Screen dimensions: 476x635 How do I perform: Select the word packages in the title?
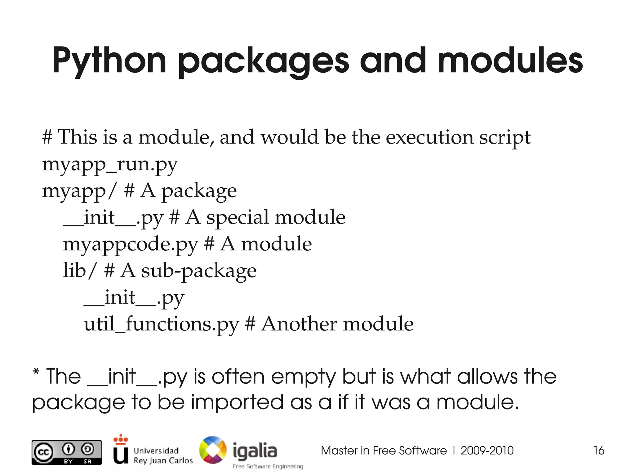(x=263, y=62)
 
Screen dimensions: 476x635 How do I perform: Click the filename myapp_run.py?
(x=110, y=164)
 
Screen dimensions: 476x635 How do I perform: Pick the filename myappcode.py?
(x=130, y=244)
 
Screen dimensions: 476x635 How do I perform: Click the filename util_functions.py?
(x=161, y=324)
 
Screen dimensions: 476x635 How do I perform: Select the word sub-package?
(x=199, y=271)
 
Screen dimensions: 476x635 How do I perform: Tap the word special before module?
(x=238, y=217)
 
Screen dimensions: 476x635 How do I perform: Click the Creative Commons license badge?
(x=67, y=452)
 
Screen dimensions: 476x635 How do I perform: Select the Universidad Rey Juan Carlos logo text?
(x=163, y=456)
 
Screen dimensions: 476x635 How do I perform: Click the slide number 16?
(x=599, y=451)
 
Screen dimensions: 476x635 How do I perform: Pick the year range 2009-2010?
(x=487, y=451)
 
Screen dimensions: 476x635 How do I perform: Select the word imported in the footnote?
(x=237, y=403)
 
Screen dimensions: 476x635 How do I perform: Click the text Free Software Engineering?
(x=268, y=466)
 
